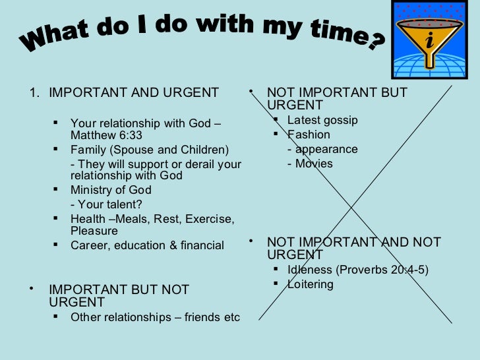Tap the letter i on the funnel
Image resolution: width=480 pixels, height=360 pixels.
[x=430, y=41]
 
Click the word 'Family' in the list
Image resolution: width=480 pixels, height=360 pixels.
[x=88, y=150]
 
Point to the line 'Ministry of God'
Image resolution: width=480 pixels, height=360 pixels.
[x=111, y=191]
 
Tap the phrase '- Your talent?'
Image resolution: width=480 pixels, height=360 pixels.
[x=106, y=204]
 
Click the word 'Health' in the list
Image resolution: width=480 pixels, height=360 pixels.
[x=88, y=219]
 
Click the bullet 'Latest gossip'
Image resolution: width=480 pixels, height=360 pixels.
[x=322, y=120]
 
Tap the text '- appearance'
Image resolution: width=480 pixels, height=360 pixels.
[x=322, y=149]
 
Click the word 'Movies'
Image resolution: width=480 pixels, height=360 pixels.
[x=314, y=164]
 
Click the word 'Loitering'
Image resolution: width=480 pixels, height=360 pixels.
[x=311, y=284]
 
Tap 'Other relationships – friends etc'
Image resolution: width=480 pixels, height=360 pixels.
[x=155, y=317]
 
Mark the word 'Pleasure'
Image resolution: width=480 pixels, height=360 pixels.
[x=94, y=231]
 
